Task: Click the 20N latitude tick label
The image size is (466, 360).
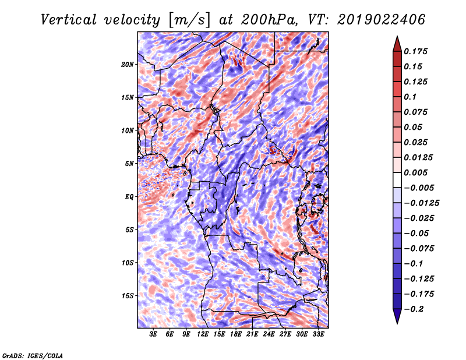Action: pos(128,64)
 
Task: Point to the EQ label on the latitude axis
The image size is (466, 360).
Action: pos(129,196)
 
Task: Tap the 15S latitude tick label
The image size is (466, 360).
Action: pos(128,295)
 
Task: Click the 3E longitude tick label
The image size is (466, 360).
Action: pos(153,334)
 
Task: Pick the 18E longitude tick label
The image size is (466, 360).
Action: pos(236,334)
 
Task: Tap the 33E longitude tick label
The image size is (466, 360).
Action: pos(319,334)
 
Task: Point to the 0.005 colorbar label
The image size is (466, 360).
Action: pos(417,172)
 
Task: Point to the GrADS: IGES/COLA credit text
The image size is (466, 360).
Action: pos(32,354)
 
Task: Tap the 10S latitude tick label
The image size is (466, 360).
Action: pos(128,262)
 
